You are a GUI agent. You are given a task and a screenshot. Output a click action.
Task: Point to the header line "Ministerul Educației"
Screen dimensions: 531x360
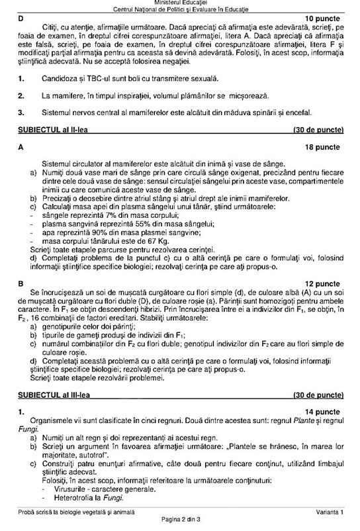tap(180, 4)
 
